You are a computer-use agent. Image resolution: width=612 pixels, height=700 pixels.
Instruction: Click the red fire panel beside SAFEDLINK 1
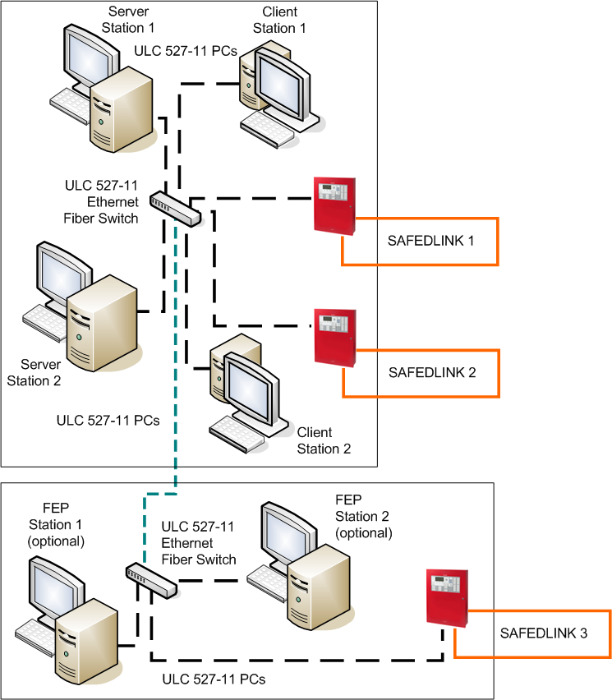(336, 205)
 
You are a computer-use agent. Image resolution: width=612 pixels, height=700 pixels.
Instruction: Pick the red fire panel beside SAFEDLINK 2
(336, 337)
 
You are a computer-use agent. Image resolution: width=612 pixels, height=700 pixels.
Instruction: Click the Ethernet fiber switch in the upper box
(175, 209)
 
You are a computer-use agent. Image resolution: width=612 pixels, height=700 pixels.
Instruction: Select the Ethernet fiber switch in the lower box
(150, 580)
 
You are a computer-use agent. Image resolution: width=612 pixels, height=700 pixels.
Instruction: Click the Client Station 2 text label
(324, 440)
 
